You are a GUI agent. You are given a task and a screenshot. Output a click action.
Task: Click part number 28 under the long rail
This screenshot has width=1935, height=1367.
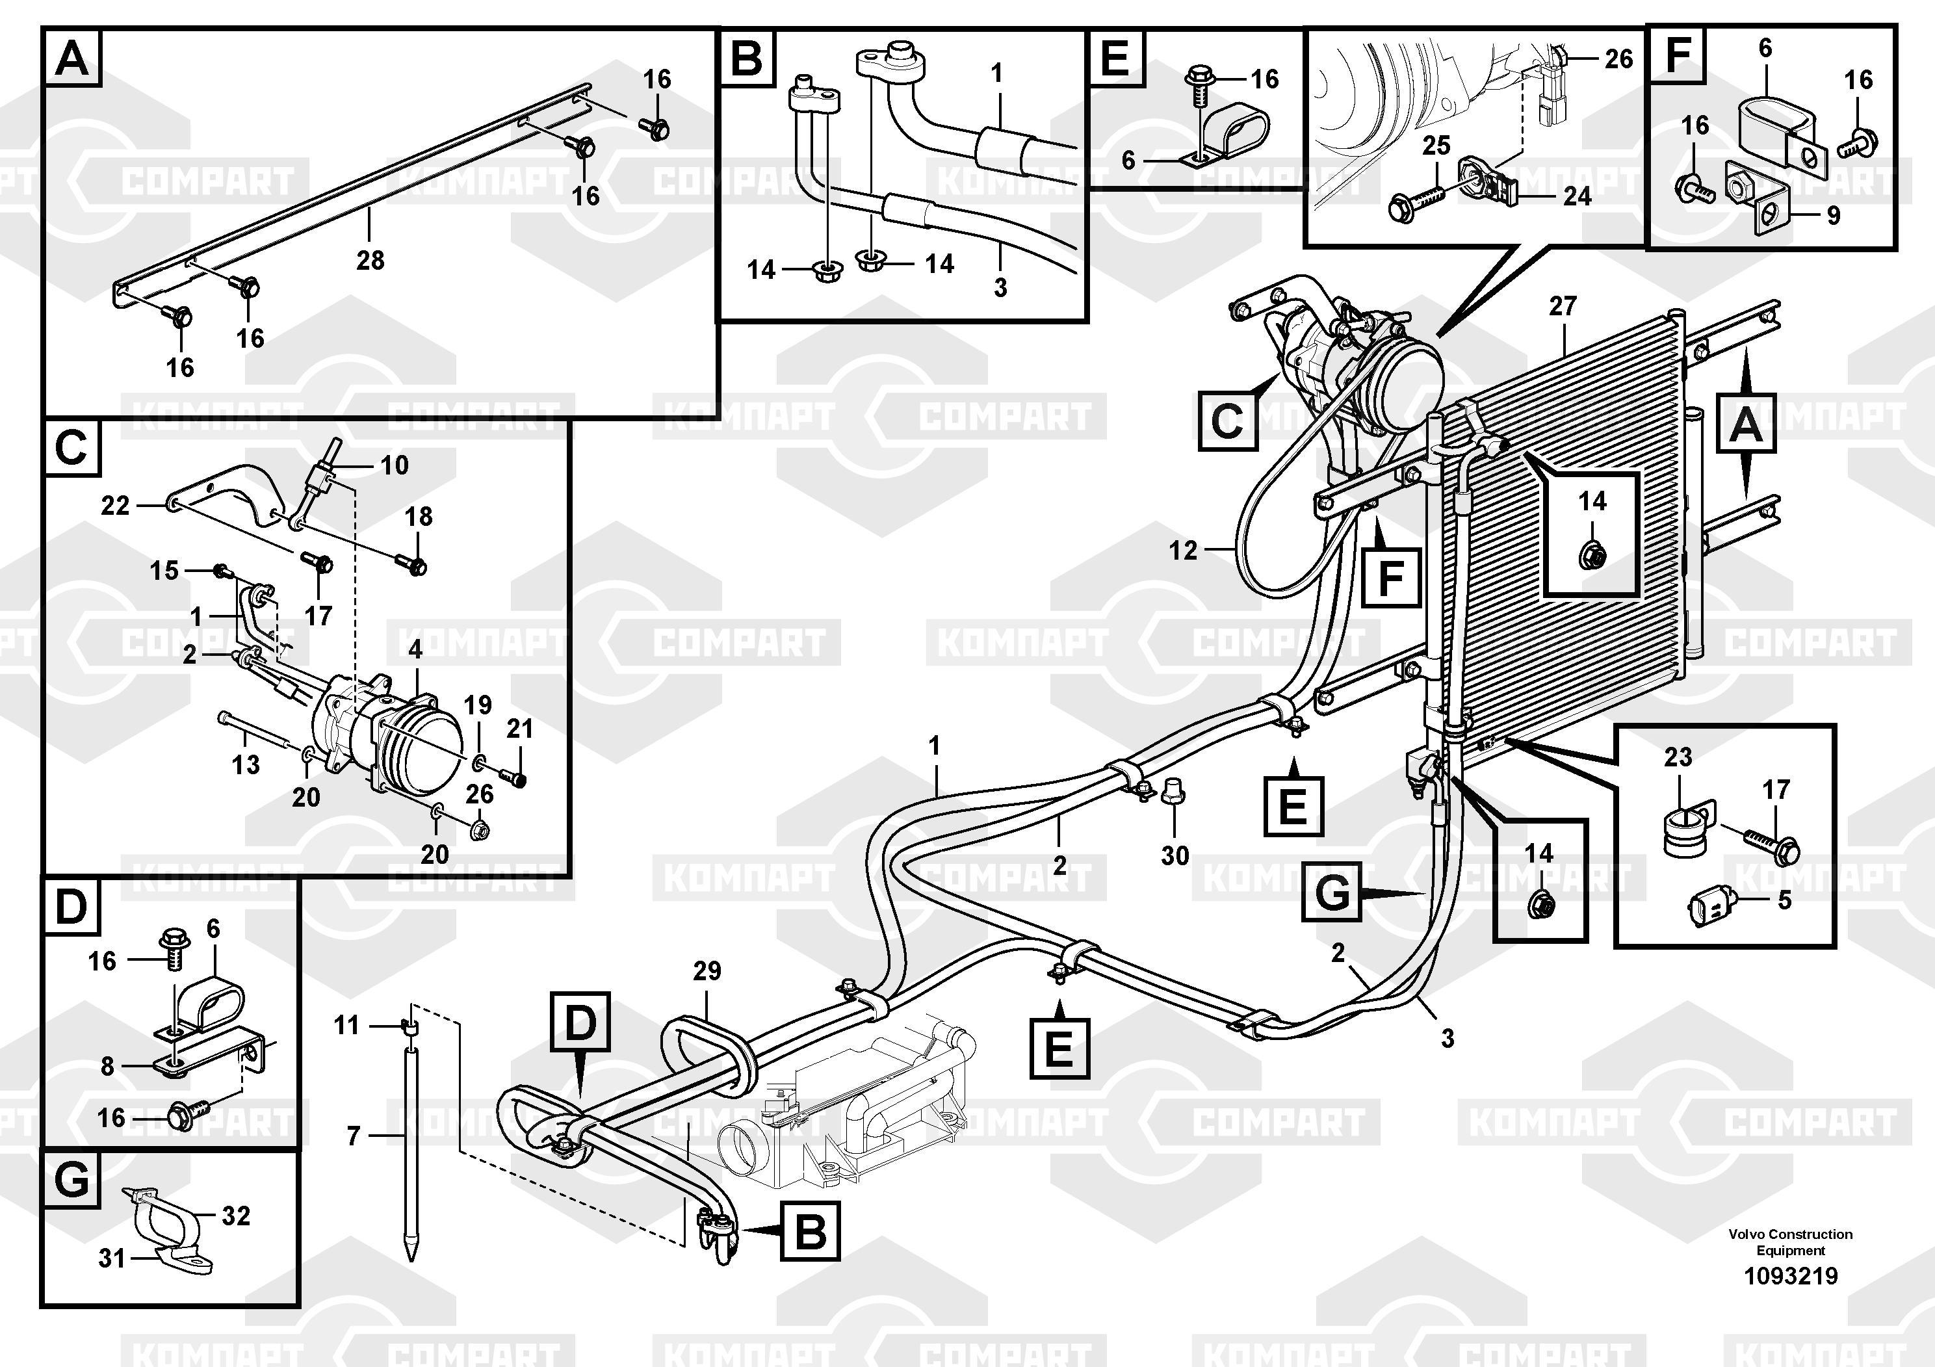pyautogui.click(x=370, y=261)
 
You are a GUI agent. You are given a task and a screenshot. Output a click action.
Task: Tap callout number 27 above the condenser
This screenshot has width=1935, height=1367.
pyautogui.click(x=1563, y=306)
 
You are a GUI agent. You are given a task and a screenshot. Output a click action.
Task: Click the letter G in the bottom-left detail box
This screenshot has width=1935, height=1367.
pyautogui.click(x=71, y=1180)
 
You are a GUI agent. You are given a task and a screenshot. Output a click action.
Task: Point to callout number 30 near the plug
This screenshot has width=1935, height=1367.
pyautogui.click(x=1175, y=856)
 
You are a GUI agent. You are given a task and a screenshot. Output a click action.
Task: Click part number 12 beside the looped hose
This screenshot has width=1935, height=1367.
pyautogui.click(x=1183, y=551)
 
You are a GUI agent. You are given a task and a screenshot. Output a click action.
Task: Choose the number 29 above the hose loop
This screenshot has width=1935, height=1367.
pyautogui.click(x=707, y=971)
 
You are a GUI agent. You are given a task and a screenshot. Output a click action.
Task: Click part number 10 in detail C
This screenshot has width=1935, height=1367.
pyautogui.click(x=395, y=465)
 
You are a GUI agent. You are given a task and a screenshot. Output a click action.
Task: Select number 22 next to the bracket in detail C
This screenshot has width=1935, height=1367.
pyautogui.click(x=116, y=506)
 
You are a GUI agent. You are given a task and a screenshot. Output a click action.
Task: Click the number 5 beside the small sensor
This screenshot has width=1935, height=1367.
pyautogui.click(x=1784, y=900)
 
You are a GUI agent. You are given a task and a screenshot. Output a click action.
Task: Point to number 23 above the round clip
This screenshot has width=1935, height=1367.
pyautogui.click(x=1677, y=757)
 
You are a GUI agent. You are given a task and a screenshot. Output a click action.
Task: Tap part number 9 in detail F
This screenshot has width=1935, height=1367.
pyautogui.click(x=1833, y=216)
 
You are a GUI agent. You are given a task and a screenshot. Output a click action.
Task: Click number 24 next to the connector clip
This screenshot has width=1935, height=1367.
pyautogui.click(x=1577, y=196)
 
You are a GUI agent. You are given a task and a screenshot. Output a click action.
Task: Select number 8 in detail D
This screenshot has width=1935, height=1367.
pyautogui.click(x=107, y=1067)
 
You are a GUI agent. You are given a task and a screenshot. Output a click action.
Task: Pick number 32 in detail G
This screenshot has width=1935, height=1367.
pyautogui.click(x=236, y=1216)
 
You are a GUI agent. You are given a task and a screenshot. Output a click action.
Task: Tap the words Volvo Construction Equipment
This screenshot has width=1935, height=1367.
pyautogui.click(x=1790, y=1242)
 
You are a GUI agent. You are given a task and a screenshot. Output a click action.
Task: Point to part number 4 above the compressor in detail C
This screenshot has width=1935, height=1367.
pyautogui.click(x=415, y=650)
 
